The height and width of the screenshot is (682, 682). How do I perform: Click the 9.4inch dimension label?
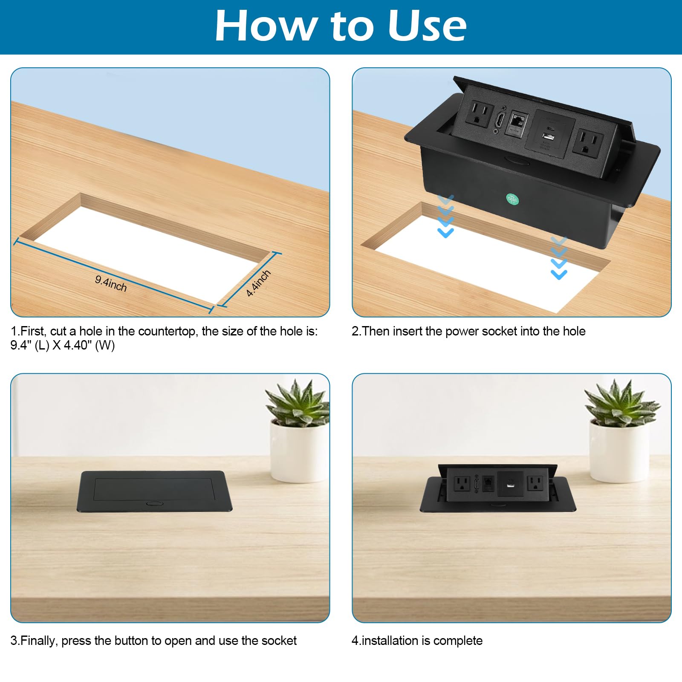tap(111, 283)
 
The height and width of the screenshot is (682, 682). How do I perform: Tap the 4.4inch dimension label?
tap(258, 283)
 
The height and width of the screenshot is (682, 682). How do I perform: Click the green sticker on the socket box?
tap(512, 199)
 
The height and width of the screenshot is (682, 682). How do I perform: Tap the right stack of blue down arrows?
tap(559, 258)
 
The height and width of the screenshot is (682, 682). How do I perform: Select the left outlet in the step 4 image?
tap(462, 484)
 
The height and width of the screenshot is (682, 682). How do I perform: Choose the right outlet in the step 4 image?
tap(535, 484)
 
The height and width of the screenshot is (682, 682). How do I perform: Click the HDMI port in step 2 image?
tap(499, 120)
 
